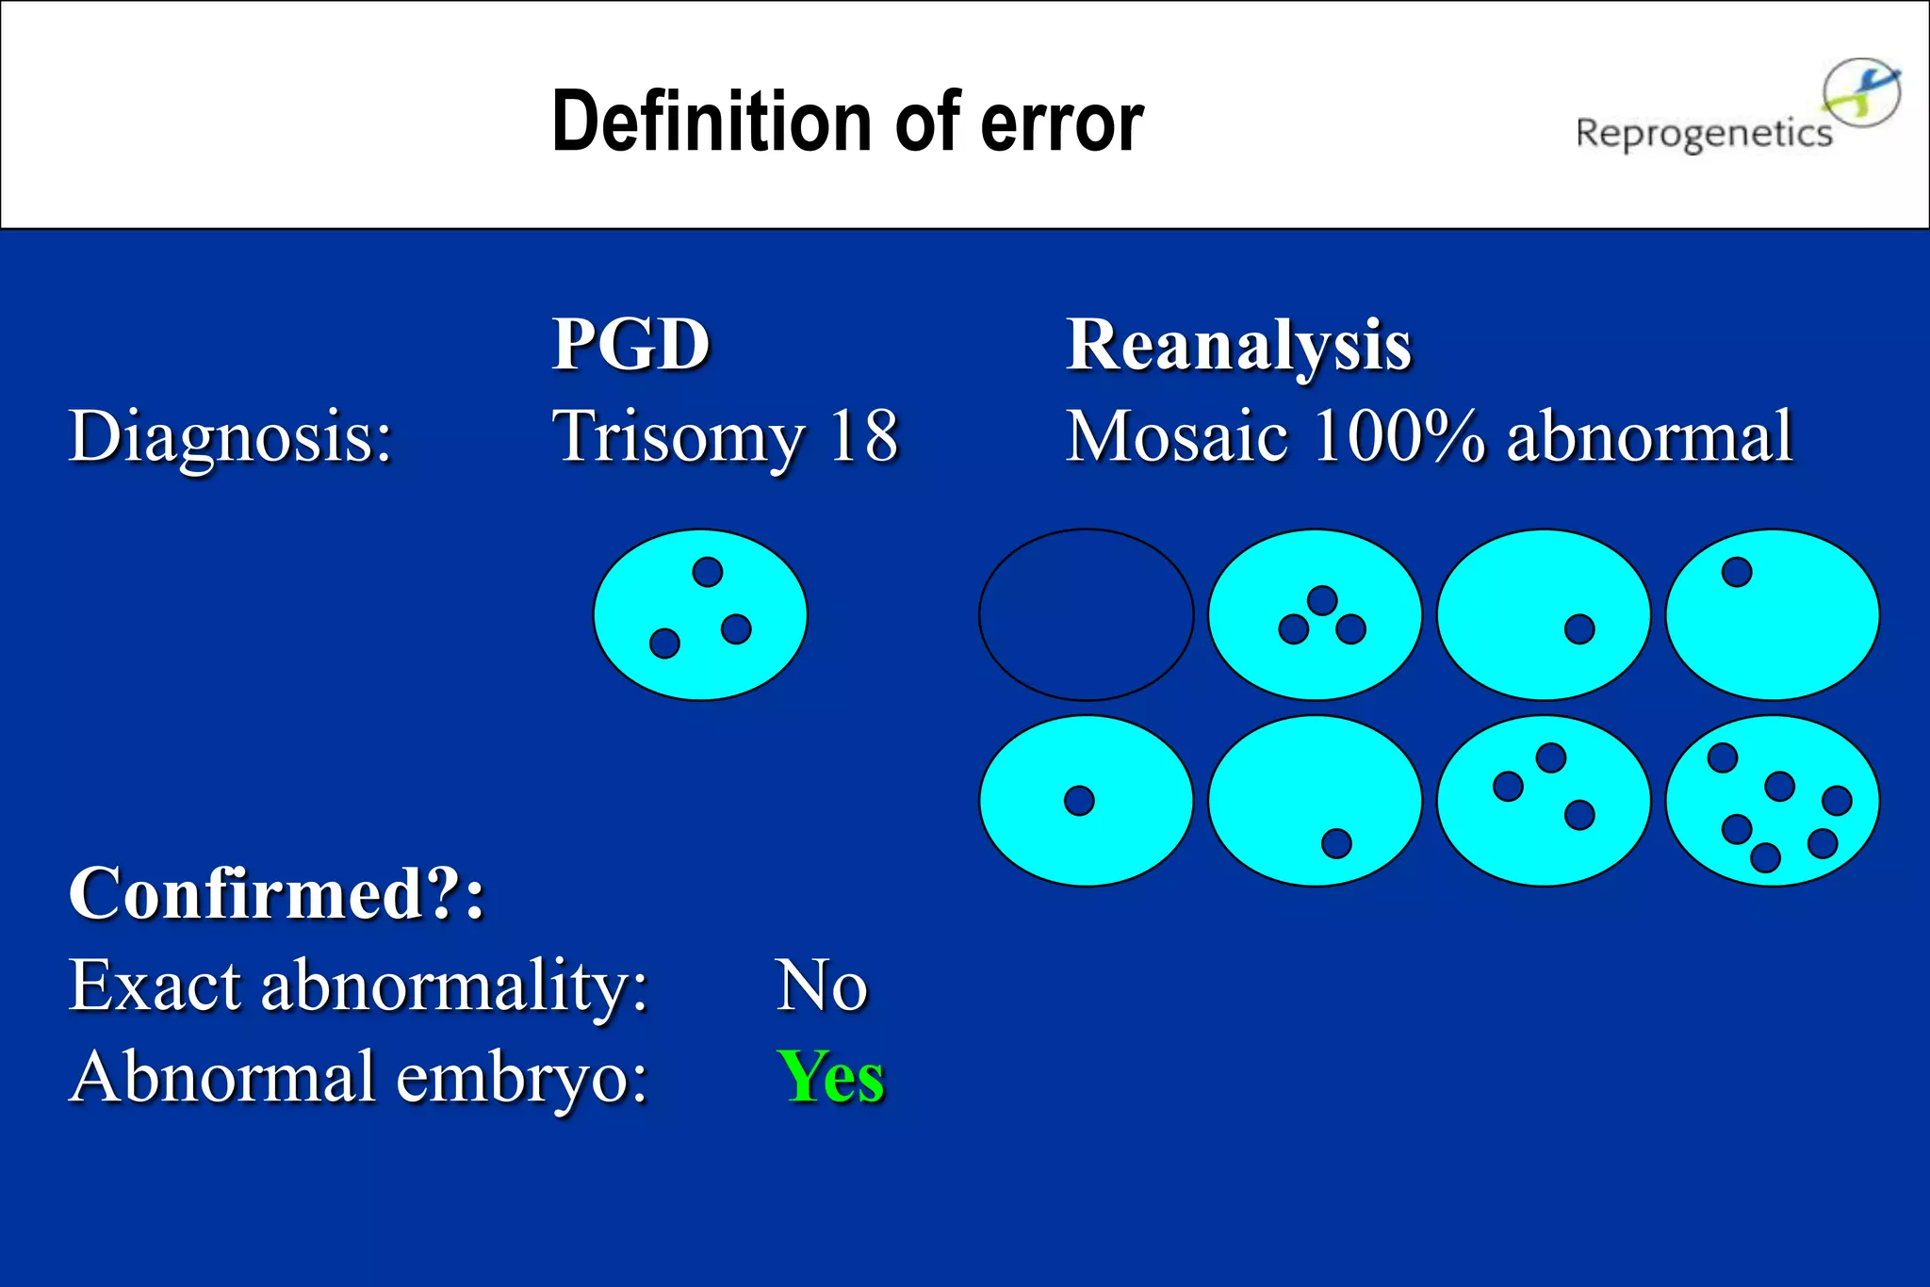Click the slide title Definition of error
point(846,122)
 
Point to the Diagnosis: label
point(230,437)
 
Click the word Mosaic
point(1176,436)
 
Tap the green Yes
point(831,1077)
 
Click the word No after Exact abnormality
point(821,986)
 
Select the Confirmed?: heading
point(276,893)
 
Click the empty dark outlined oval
point(1086,614)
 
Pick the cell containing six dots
point(1772,801)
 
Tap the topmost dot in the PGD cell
point(707,572)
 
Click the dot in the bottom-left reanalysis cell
point(1079,801)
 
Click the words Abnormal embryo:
point(358,1077)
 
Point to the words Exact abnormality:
point(358,986)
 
